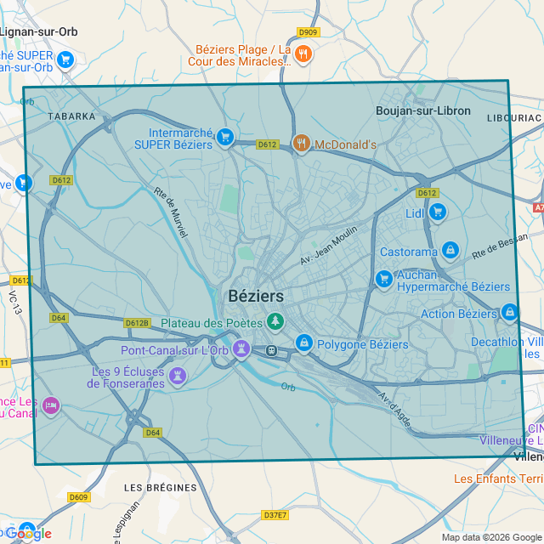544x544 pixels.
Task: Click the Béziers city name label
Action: click(x=256, y=296)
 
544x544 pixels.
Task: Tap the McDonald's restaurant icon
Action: click(x=300, y=144)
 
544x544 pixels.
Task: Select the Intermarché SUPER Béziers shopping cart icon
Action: click(x=224, y=137)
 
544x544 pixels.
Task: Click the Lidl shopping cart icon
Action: click(x=437, y=212)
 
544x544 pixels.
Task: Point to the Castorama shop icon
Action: click(x=450, y=251)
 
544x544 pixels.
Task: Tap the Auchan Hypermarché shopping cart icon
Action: click(x=384, y=278)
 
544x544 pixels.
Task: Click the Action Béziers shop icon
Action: click(x=509, y=312)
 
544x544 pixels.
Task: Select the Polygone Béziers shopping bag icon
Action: click(x=303, y=343)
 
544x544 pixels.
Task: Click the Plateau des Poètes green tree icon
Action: click(x=275, y=321)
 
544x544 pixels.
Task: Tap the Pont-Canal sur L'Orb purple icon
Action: click(x=241, y=348)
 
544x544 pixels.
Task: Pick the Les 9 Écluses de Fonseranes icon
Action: click(x=177, y=375)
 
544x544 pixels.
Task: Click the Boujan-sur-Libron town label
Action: click(x=422, y=111)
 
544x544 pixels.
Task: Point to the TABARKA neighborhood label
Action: click(x=71, y=116)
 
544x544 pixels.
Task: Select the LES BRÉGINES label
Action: click(x=160, y=488)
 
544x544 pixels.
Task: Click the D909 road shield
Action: click(x=308, y=32)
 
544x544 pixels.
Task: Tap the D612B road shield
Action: click(x=137, y=323)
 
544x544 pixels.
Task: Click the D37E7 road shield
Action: click(x=275, y=515)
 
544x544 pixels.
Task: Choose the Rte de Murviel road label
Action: click(x=170, y=207)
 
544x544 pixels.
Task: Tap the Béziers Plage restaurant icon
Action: click(x=303, y=55)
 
